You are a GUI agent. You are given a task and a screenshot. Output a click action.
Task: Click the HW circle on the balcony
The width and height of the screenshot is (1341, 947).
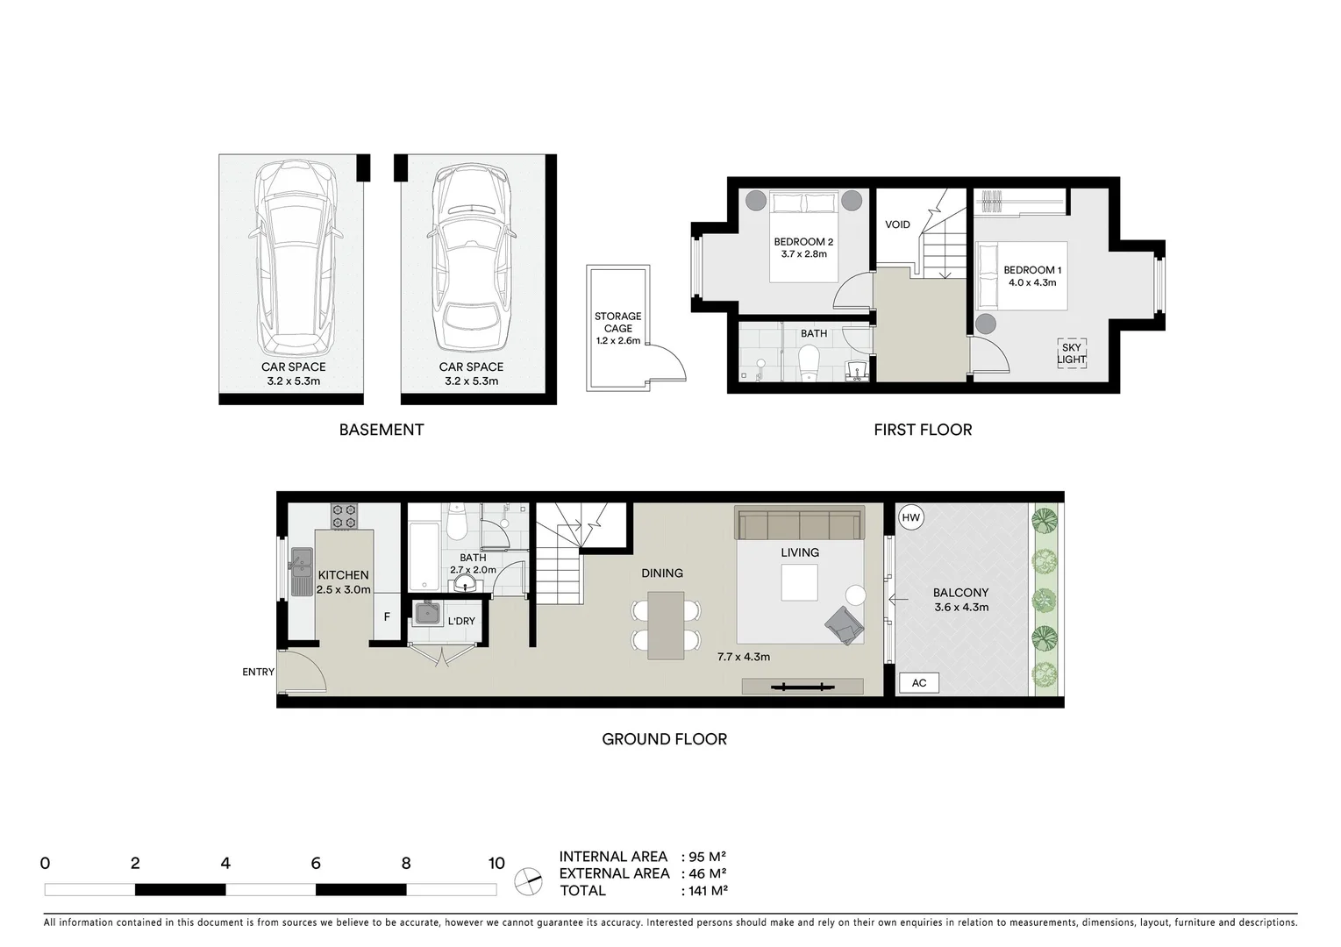tap(911, 518)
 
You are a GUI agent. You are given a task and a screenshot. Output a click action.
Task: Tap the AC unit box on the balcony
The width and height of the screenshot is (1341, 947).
tap(918, 683)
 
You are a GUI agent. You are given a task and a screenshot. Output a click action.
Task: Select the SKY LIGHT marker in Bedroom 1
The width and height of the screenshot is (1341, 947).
tap(1071, 353)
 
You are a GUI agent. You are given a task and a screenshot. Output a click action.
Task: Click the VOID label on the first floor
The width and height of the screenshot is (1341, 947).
tap(897, 224)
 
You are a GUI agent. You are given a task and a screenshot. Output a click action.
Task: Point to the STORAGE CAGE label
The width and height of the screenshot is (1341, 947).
tap(617, 328)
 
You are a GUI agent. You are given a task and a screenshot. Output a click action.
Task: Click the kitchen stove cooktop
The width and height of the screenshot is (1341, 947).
tap(343, 516)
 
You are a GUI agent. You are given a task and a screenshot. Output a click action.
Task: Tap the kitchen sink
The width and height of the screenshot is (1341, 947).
tap(301, 571)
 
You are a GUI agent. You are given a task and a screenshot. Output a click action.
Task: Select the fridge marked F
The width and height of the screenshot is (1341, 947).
tap(387, 617)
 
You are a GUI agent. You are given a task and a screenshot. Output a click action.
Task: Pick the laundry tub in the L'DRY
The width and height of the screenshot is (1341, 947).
tap(427, 613)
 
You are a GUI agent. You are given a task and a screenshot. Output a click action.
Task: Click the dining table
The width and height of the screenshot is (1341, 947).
tap(666, 625)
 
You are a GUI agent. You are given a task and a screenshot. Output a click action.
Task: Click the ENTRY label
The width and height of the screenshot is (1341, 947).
tap(258, 672)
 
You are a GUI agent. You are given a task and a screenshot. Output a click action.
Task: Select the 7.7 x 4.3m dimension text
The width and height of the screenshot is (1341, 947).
tap(743, 656)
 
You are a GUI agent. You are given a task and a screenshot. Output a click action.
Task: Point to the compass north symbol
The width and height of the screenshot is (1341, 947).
tap(528, 879)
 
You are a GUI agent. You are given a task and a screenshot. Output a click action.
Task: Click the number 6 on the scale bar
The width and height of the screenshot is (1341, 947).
tap(316, 864)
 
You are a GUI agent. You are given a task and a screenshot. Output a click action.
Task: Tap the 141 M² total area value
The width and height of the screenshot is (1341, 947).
tap(705, 891)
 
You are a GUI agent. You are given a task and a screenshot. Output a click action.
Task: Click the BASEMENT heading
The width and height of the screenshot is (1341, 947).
tap(382, 430)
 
